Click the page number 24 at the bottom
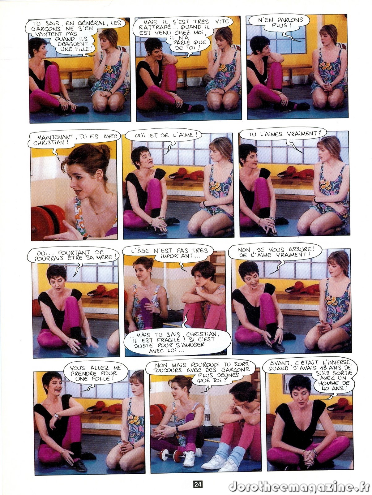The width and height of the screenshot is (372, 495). click(198, 484)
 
